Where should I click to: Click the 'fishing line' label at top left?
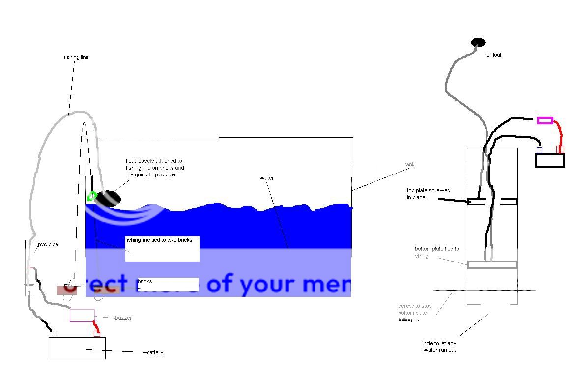click(76, 57)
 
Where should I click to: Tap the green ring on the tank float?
click(91, 197)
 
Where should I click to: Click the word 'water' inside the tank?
click(267, 178)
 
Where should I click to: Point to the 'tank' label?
click(409, 164)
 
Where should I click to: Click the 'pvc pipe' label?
click(48, 244)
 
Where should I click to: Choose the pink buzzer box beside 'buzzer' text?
click(82, 316)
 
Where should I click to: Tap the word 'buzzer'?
click(123, 318)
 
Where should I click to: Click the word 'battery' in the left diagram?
click(155, 352)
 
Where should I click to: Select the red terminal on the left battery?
click(97, 334)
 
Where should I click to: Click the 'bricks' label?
click(145, 282)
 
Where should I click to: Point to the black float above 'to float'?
click(478, 43)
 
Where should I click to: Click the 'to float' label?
click(493, 55)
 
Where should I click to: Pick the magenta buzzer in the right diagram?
click(545, 120)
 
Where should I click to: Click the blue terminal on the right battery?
click(539, 150)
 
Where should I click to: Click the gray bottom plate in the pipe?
click(492, 265)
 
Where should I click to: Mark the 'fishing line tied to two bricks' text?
click(159, 240)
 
